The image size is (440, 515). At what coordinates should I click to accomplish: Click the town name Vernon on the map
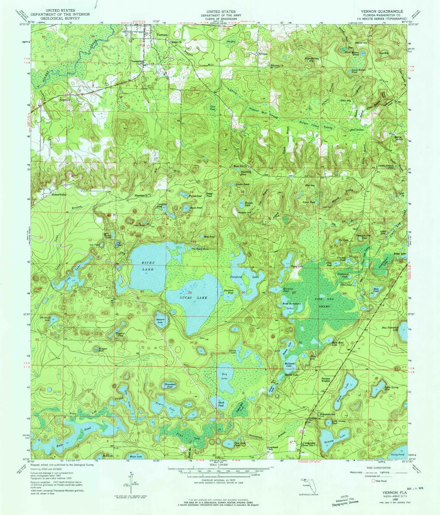tap(162, 35)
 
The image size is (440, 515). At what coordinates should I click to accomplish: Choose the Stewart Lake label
tap(162, 321)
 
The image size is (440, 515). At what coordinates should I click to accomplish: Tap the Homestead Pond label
tap(170, 385)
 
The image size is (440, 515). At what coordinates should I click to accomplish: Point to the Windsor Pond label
tap(101, 350)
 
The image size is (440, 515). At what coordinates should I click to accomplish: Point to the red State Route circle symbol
tap(373, 481)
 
